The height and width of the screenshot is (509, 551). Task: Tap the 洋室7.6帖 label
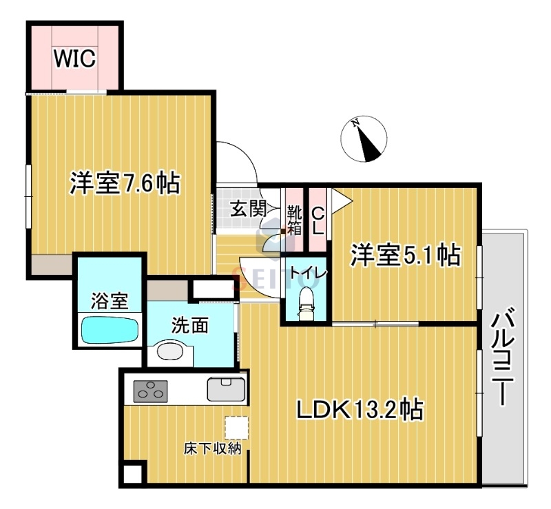click(124, 183)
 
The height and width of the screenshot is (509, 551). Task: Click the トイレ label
click(306, 272)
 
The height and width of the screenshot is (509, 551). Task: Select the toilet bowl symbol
click(306, 302)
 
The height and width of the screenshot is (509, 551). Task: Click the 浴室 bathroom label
click(110, 300)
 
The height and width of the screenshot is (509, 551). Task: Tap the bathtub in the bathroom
click(110, 329)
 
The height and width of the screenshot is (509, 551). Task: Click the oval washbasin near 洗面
click(169, 351)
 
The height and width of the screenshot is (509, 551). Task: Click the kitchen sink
click(227, 390)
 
